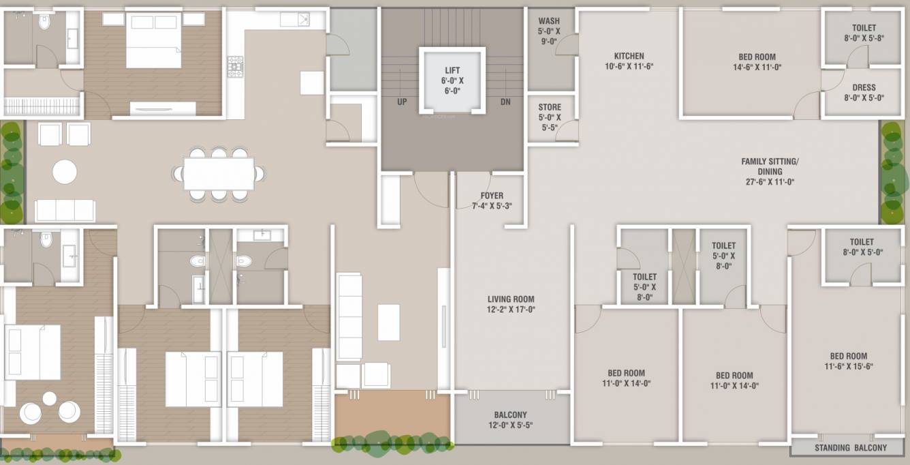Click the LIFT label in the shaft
coord(452,71)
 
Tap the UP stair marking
coord(402,101)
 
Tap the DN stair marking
coord(505,101)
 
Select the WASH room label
coord(549,21)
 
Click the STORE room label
coord(550,107)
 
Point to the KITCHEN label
coord(629,57)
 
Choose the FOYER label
coord(492,196)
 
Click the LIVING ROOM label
coord(511,299)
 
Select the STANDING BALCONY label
coord(851,448)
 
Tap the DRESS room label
coord(864,87)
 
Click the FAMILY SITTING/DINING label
coord(770,166)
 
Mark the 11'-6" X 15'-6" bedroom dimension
coord(849,366)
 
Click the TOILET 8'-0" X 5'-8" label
coord(864,33)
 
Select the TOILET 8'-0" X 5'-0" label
coord(862,247)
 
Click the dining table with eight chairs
coord(219,174)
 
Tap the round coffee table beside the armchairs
coord(65,172)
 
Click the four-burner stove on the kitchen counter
coord(235,67)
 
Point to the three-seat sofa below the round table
coord(65,211)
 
